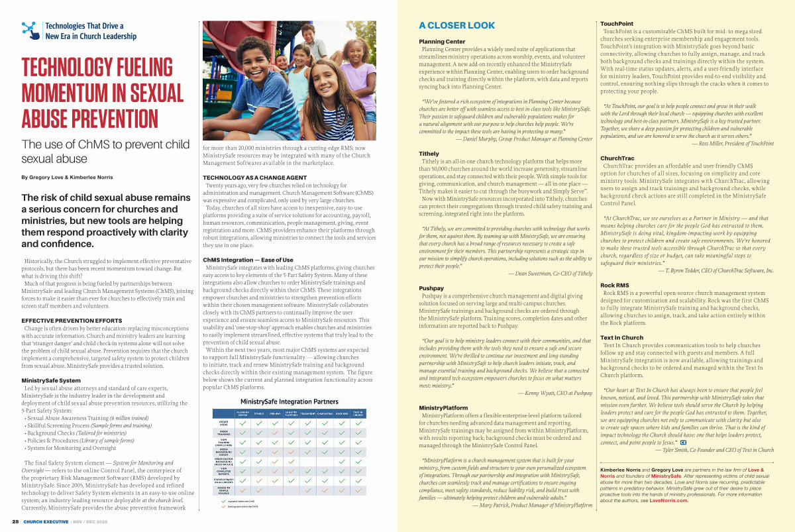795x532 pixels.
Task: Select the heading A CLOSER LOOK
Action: [x=456, y=26]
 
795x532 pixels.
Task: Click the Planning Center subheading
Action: [x=442, y=42]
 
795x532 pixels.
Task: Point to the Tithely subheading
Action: [x=429, y=153]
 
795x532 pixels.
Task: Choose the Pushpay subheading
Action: [x=431, y=288]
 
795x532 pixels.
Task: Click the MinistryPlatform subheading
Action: [x=443, y=407]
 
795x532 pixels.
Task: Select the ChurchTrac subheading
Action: [x=617, y=158]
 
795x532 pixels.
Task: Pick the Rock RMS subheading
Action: [x=614, y=285]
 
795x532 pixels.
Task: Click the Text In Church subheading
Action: [x=621, y=338]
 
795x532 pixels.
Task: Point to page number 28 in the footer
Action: [x=15, y=521]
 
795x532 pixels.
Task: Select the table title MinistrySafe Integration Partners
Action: [x=289, y=401]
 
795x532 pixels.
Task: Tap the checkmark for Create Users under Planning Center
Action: [x=243, y=422]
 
